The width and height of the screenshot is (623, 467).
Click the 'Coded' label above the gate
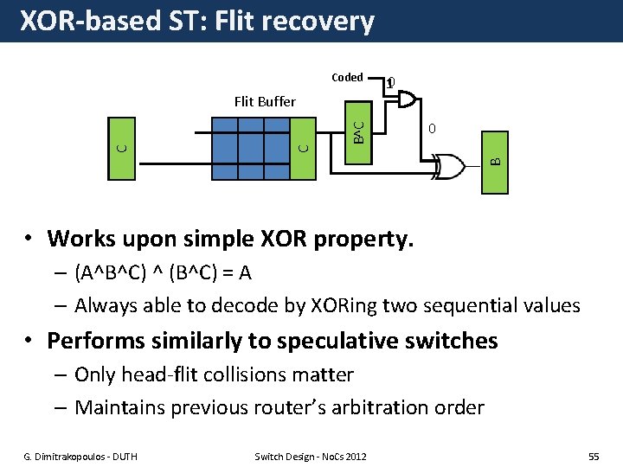coord(347,77)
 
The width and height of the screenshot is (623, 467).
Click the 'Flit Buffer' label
coord(265,101)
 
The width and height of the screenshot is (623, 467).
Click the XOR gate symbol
coord(448,163)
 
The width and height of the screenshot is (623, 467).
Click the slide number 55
coord(593,455)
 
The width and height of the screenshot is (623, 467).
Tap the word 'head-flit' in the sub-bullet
coord(163,374)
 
